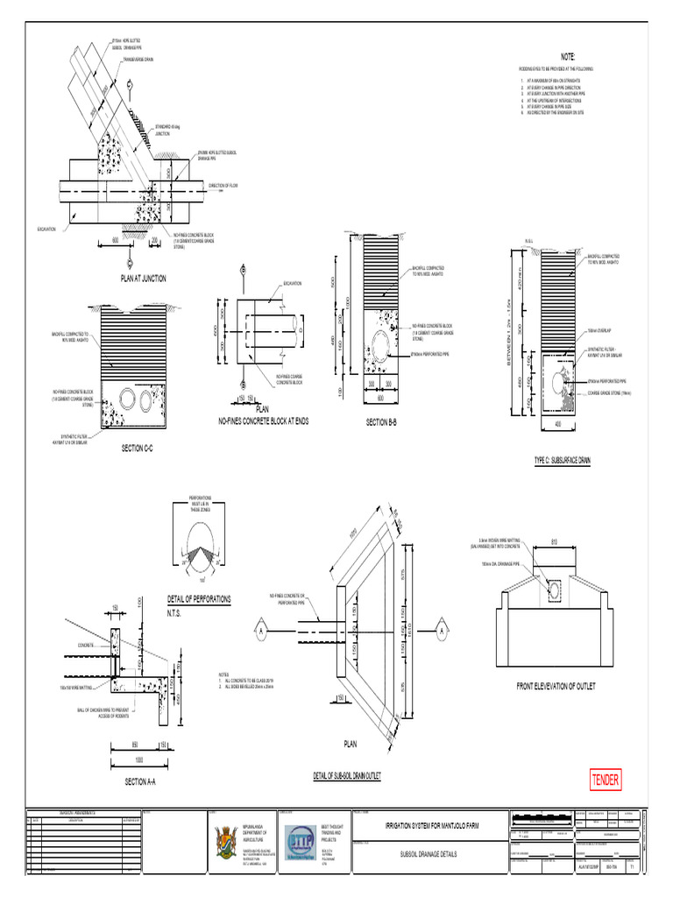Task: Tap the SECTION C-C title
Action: tap(143, 448)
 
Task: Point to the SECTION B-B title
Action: tap(381, 422)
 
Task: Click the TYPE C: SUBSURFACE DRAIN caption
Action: tap(562, 459)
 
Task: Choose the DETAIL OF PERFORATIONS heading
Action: tap(199, 599)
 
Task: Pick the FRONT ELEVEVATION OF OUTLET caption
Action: tap(556, 687)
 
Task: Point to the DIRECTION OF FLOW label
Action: tap(224, 186)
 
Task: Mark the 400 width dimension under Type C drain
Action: tap(556, 423)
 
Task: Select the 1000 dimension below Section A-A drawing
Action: tap(139, 760)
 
